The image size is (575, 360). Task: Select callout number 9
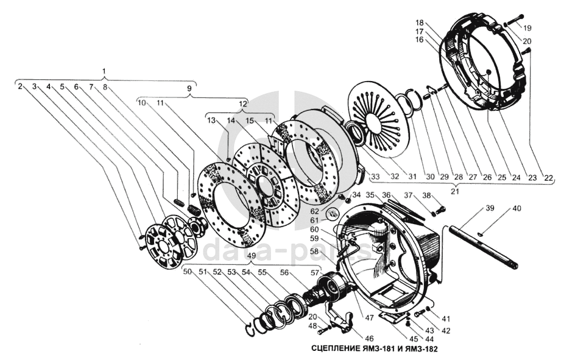(189, 88)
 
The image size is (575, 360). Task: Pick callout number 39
(490, 208)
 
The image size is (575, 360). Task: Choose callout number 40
(517, 208)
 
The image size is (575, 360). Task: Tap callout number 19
(527, 27)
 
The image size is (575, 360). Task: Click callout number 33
(375, 177)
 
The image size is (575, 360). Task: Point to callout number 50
(188, 272)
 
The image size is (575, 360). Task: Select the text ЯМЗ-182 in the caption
(419, 350)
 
